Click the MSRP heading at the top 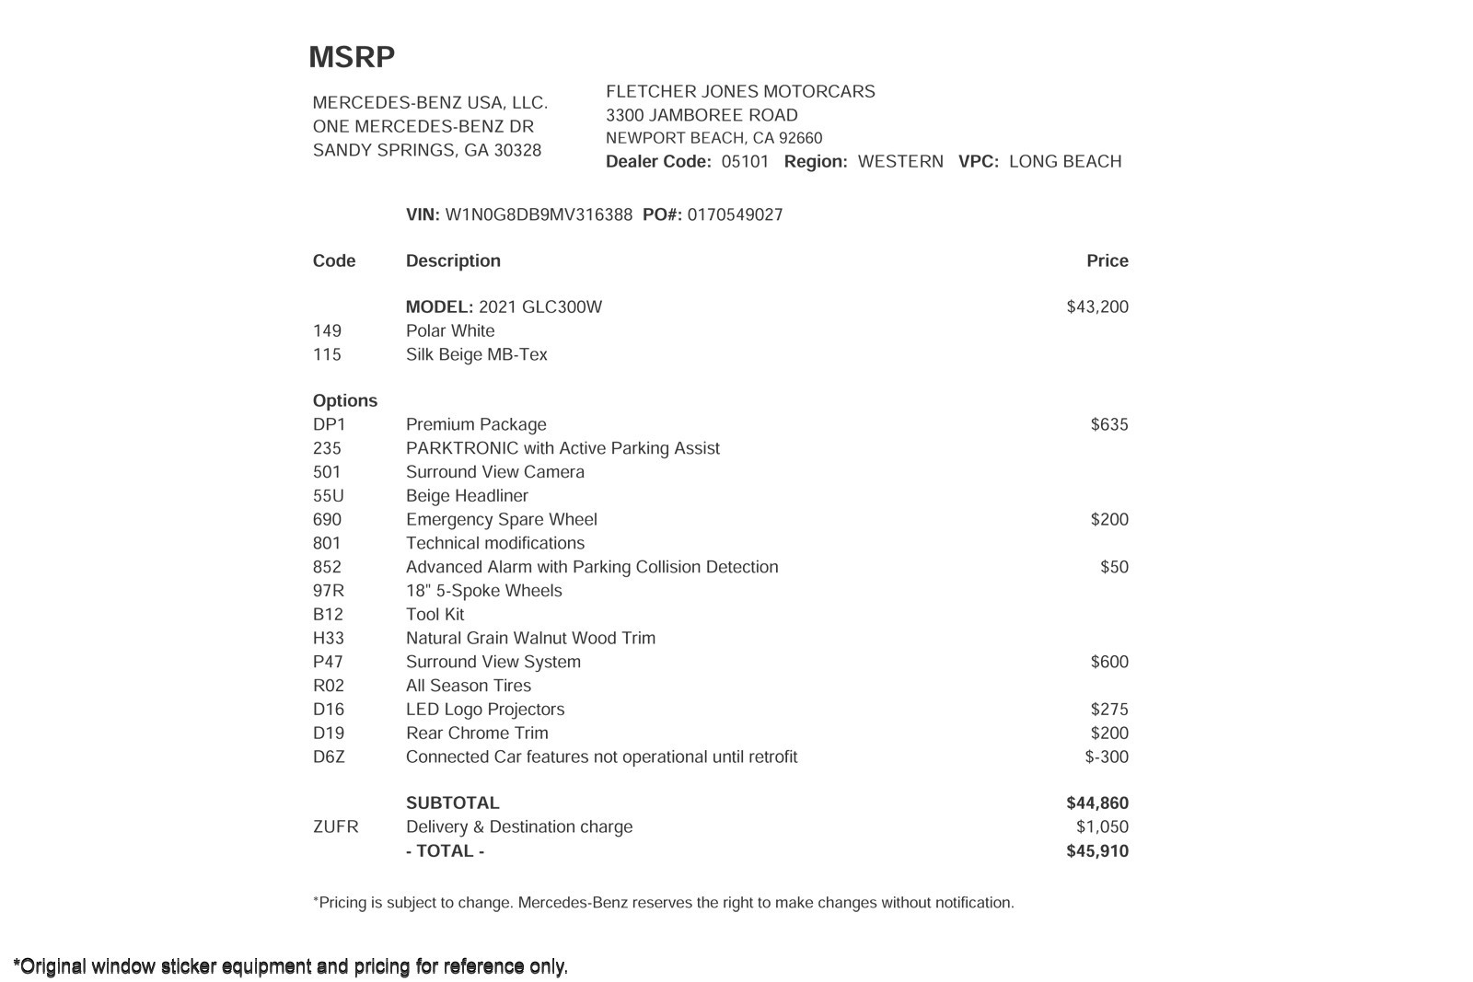coord(352,57)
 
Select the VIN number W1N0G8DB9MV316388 coord(539,215)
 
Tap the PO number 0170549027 coord(735,215)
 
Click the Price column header coord(1107,261)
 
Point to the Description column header coord(453,261)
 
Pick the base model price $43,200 coord(1096,307)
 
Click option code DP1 coord(329,425)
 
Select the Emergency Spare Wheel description coord(501,520)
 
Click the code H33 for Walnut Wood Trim coord(329,639)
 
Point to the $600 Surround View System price coord(1108,663)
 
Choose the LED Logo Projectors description coord(484,710)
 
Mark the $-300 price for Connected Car coord(1106,757)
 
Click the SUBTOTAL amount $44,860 coord(1096,803)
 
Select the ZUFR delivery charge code coord(335,827)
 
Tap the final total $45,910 coord(1096,851)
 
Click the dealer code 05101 coord(745,162)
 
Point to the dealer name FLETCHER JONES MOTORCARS coord(740,92)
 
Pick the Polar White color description coord(449,331)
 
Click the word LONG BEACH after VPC coord(1064,162)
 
